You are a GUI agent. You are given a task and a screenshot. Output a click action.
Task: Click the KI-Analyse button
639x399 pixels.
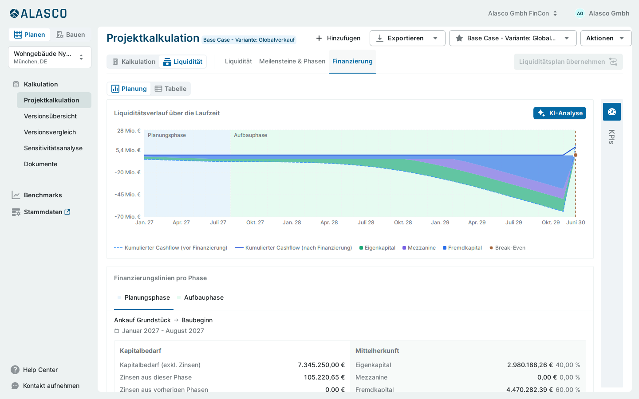(560, 113)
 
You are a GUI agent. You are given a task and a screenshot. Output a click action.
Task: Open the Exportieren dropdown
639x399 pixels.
(407, 38)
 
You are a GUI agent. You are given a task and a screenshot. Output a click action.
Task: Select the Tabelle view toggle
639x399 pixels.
(170, 89)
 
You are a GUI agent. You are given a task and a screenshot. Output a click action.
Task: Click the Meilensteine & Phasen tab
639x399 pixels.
(292, 61)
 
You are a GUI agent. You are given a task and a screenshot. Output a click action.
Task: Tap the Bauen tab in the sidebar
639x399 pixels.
(71, 35)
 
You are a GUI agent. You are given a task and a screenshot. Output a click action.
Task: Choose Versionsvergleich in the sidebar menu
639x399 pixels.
(50, 132)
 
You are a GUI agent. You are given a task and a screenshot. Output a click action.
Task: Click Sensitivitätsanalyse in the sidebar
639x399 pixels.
(53, 148)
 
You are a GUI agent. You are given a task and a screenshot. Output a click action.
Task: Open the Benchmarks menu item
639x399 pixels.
(43, 195)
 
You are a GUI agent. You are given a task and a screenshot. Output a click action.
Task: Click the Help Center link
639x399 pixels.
(40, 370)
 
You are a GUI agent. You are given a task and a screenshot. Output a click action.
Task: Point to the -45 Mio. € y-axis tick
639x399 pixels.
(127, 194)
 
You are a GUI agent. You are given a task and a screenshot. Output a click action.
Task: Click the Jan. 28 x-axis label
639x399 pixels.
(292, 222)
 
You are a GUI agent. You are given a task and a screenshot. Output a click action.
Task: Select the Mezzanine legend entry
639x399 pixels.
(419, 248)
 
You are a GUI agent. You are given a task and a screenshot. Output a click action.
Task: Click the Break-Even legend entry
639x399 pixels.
(507, 248)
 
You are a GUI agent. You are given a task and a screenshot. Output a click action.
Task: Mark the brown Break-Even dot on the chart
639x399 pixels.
(576, 155)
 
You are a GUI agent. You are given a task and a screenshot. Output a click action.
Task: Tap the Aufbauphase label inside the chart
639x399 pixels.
(250, 135)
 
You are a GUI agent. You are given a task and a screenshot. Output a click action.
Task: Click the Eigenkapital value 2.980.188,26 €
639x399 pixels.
(530, 365)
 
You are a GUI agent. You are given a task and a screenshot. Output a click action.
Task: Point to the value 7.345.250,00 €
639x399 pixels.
(321, 365)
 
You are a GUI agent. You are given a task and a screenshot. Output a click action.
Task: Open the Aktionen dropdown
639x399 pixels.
(606, 38)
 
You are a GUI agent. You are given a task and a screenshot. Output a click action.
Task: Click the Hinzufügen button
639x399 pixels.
(338, 38)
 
